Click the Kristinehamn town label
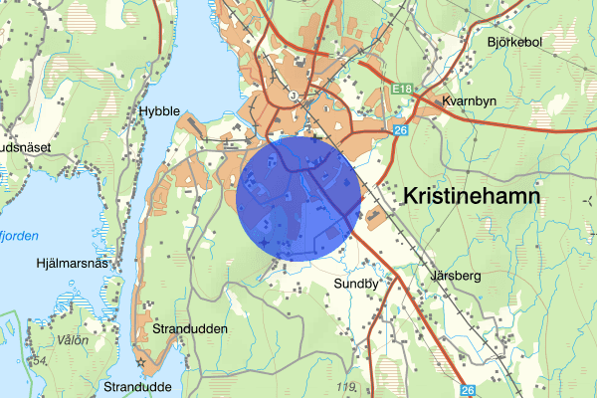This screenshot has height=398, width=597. click(473, 197)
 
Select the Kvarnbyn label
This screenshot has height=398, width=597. click(471, 100)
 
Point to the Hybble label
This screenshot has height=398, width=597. click(159, 111)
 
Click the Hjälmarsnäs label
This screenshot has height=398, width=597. click(71, 263)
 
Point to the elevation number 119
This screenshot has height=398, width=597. click(346, 387)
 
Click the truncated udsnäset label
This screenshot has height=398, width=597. click(25, 146)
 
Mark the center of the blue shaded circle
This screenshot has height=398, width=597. click(298, 199)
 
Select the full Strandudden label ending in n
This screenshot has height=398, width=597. click(191, 328)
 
